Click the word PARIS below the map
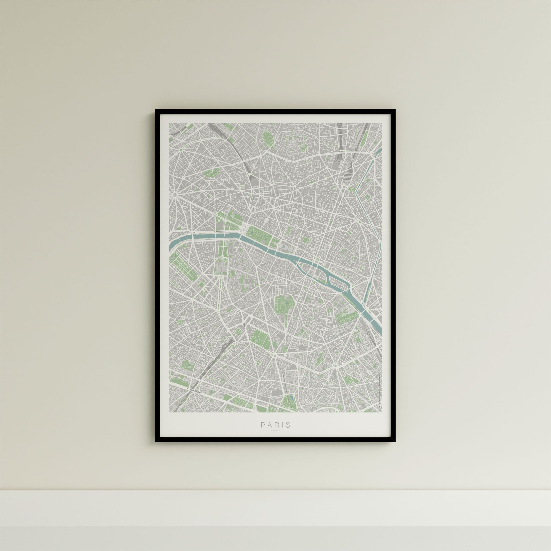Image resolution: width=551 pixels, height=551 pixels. [275, 433]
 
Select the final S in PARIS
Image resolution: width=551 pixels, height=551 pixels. [288, 433]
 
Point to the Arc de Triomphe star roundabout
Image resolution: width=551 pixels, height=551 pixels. [174, 195]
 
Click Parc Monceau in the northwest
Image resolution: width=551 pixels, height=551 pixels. [211, 172]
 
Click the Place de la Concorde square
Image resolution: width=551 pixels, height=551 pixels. [245, 228]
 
